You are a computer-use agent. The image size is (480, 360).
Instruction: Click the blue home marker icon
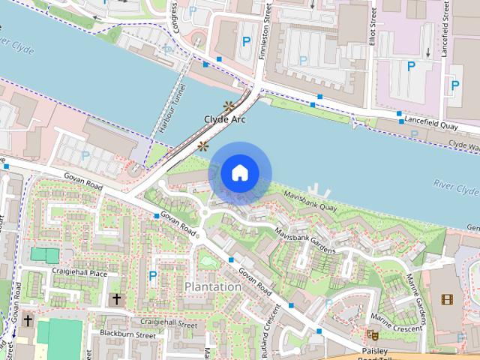point(239,172)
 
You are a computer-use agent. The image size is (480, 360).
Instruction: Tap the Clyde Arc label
point(224,119)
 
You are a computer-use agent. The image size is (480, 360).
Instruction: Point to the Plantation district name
point(213,286)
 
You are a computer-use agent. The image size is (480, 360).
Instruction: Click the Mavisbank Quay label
point(310,200)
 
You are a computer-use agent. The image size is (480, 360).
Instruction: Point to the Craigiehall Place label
point(79,274)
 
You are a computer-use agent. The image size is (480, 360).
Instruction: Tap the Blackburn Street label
point(127,335)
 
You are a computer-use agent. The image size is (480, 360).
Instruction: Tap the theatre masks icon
point(370,334)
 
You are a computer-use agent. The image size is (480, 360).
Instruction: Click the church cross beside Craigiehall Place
point(116,299)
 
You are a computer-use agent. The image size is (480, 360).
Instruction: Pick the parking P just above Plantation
point(153,276)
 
